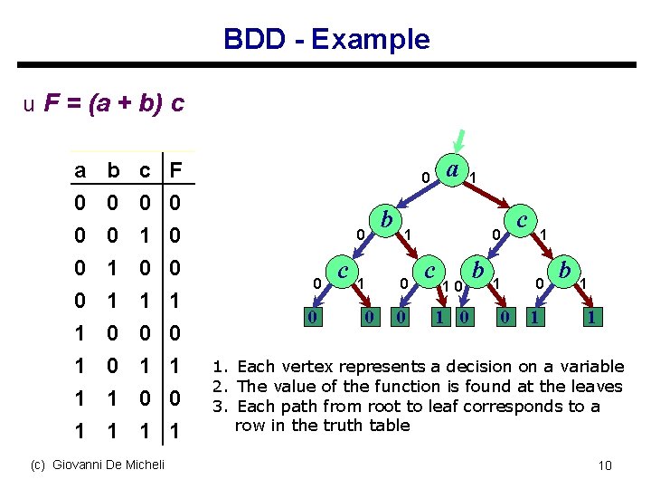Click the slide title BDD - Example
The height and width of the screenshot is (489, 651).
tap(326, 39)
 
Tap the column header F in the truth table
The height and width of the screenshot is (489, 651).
tap(177, 171)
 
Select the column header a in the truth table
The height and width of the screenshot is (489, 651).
tap(80, 171)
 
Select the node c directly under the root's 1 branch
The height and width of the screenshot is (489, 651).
tap(521, 219)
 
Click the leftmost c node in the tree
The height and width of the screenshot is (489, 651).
tap(343, 271)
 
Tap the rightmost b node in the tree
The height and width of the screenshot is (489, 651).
tap(564, 271)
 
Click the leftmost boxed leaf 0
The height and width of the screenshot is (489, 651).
tap(311, 317)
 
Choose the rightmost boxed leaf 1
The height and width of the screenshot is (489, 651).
tap(590, 317)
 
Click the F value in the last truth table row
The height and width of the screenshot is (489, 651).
tap(177, 432)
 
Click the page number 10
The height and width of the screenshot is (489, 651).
tap(605, 465)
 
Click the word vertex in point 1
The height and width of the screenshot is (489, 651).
tap(302, 367)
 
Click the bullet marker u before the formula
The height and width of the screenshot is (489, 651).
tap(30, 105)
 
